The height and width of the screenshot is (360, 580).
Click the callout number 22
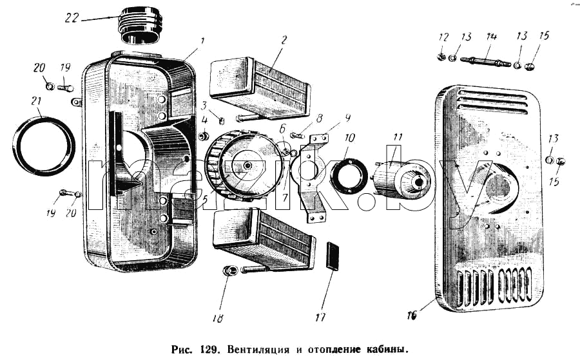72,17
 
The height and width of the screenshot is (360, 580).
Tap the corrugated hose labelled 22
140,24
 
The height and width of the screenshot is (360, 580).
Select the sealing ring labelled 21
44,146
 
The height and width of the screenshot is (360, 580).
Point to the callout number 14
491,36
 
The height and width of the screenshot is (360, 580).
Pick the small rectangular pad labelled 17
333,256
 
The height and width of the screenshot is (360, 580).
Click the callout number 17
320,317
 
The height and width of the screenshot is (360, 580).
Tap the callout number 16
412,316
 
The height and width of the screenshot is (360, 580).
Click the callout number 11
397,137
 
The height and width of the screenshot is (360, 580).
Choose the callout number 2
284,39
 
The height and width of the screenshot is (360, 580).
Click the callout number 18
218,318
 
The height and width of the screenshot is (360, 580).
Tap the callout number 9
347,118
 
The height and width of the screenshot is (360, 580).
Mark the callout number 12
443,37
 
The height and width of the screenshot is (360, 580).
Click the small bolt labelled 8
297,135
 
